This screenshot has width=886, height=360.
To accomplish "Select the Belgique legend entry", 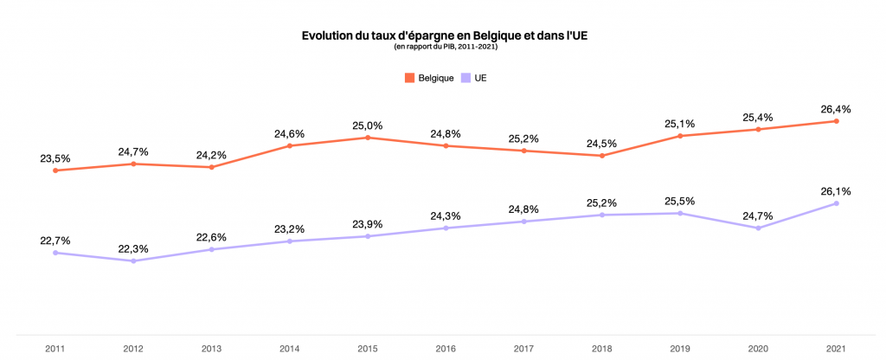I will coord(429,78).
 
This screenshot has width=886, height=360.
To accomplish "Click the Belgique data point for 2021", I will coord(837,121).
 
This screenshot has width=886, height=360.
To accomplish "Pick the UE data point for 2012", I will coord(133,260).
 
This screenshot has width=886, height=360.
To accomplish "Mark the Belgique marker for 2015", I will coord(368,138).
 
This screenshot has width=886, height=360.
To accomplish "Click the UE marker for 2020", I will coord(759,228).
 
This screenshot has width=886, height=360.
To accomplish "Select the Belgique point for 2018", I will coord(602,156).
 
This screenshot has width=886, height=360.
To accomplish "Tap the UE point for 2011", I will coord(55,253).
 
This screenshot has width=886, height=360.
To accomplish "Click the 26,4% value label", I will coord(837,109).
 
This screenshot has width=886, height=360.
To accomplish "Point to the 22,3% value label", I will coord(133,248).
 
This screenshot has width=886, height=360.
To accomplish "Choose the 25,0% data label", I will coord(368,125).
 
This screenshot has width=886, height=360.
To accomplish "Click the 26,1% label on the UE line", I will coord(837,191).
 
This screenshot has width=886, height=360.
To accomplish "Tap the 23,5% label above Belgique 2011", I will coord(55,158).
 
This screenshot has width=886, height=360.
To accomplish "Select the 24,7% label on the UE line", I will coord(759,215).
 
